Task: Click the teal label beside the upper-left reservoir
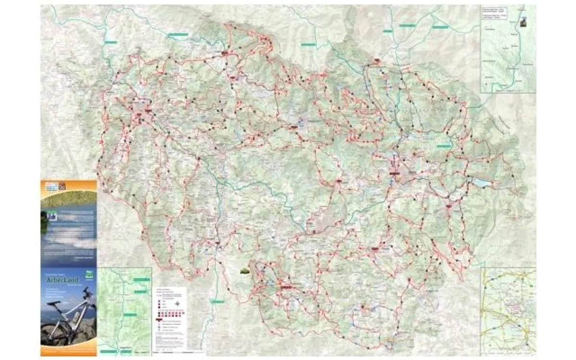111,42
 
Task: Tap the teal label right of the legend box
217,301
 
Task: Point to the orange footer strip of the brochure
69,353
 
